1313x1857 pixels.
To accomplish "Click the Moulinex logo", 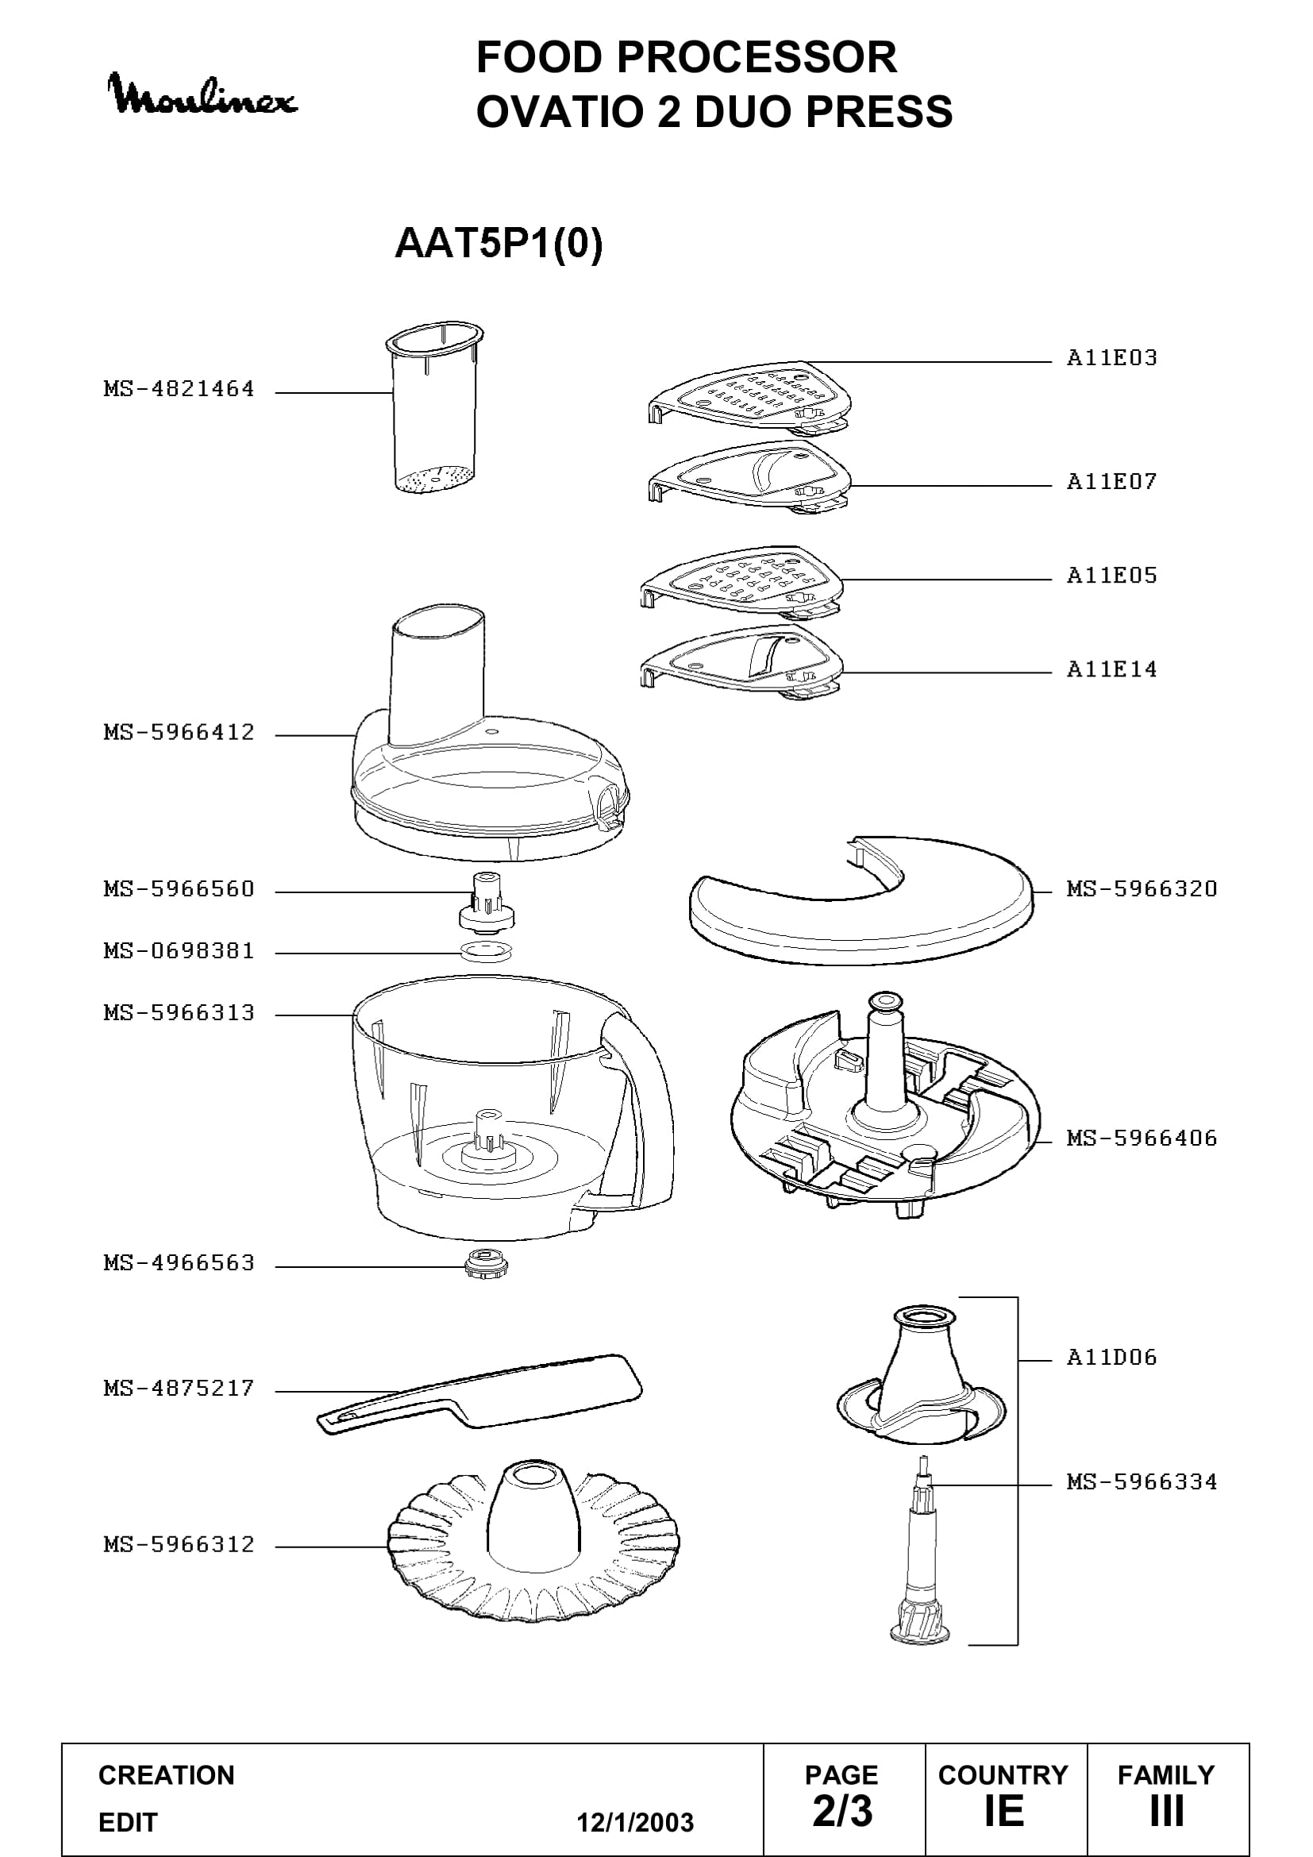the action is (x=203, y=94).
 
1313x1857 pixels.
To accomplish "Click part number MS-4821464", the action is (x=179, y=389).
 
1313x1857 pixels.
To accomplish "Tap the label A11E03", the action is (x=1111, y=357).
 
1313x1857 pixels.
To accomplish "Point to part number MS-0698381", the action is (x=179, y=950).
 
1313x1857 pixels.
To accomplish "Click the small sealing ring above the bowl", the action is (x=485, y=951).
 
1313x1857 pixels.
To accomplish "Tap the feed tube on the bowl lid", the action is (x=439, y=676).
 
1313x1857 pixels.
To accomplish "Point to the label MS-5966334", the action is (x=1142, y=1481).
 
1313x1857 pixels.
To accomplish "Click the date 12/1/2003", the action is (x=635, y=1823).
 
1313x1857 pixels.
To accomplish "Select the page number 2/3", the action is (x=842, y=1812).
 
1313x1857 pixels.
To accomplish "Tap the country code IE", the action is (x=1004, y=1812).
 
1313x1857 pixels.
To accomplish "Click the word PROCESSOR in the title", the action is (x=757, y=57).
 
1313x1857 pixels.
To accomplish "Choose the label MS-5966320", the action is (x=1142, y=889).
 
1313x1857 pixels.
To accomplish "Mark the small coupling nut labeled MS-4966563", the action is (x=487, y=1264).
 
